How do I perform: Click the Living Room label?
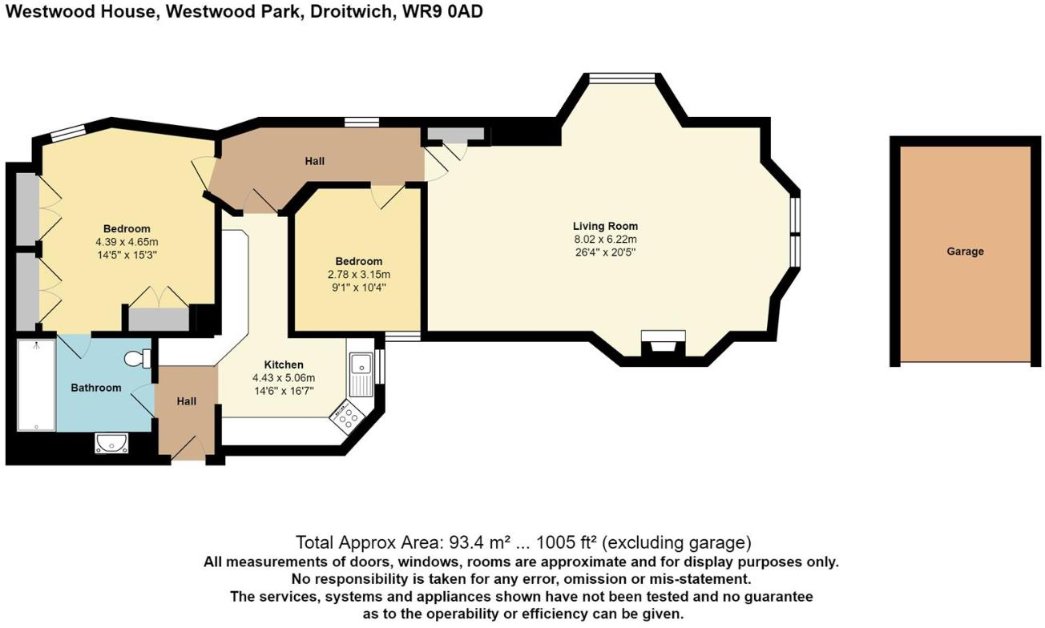coord(605,226)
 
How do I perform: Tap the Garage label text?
coord(965,252)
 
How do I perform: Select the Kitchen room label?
coord(284,365)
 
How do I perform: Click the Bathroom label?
coord(96,388)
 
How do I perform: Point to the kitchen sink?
coord(361,373)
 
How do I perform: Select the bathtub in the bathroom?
coord(36,384)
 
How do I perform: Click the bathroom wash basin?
coord(108,442)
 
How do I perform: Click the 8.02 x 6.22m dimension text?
coord(605,240)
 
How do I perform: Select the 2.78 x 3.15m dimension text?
coord(358,275)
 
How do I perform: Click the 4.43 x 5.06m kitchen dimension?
coord(284,378)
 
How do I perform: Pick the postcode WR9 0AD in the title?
coord(439,11)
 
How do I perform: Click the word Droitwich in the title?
coord(349,11)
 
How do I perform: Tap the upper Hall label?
coord(315,161)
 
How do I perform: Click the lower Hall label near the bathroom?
coord(187,401)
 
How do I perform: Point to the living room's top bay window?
coord(622,78)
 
